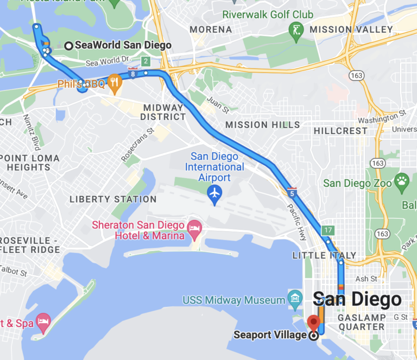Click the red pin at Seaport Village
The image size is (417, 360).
(313, 323)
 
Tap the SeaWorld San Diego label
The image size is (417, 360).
(123, 46)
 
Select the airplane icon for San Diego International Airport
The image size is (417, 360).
(215, 193)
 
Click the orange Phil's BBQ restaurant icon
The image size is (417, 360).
(114, 83)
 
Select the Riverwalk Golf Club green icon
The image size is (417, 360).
(296, 29)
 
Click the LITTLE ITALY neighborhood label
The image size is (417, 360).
(324, 255)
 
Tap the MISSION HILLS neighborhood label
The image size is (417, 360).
(262, 125)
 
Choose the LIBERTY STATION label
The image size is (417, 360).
(113, 199)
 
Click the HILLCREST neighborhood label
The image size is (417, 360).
(340, 131)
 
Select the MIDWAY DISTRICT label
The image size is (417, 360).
(163, 112)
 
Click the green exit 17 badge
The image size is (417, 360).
(327, 230)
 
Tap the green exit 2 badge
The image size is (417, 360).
(146, 61)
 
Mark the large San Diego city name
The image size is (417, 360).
(358, 299)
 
